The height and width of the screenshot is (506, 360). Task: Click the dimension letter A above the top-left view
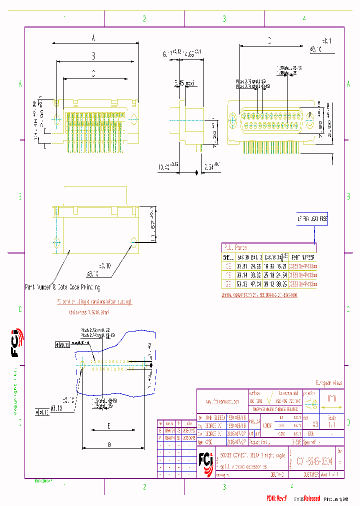93,37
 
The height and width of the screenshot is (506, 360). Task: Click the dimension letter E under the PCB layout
109,426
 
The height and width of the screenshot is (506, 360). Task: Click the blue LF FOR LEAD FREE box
309,219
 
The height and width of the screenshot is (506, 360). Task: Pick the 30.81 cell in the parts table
242,267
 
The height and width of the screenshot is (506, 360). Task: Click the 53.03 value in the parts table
242,282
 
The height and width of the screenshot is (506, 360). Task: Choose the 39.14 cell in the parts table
242,275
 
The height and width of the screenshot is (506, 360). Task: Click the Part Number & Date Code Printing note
62,287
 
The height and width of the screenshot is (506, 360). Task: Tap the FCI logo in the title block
206,458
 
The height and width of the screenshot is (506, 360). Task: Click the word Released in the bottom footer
310,498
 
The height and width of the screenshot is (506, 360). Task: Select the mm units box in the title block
331,399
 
